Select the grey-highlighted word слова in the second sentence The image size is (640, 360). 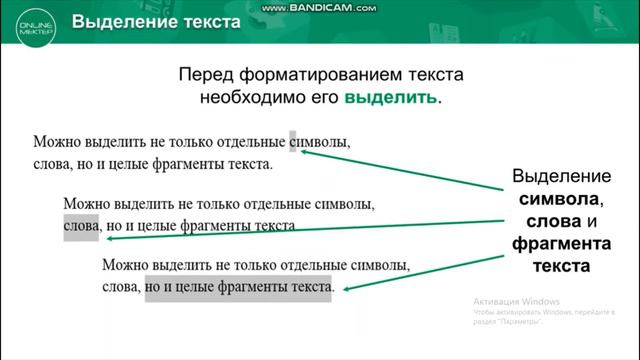tap(80, 226)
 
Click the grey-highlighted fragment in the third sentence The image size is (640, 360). tap(238, 288)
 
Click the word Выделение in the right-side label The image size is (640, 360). tap(549, 176)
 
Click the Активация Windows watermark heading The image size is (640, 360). tap(517, 301)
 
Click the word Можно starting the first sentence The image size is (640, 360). tap(55, 141)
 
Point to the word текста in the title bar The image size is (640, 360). tap(205, 21)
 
